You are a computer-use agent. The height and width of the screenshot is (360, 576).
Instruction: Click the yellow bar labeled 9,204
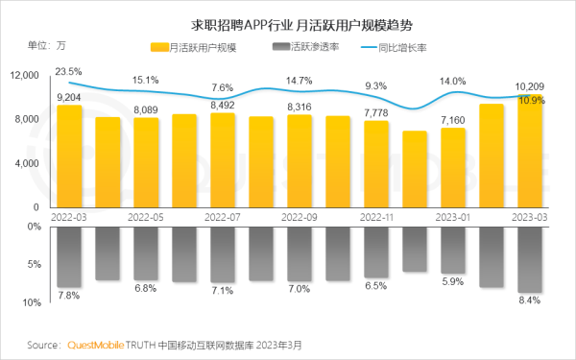pos(69,158)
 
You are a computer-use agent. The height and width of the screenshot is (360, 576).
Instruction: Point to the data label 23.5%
pos(68,71)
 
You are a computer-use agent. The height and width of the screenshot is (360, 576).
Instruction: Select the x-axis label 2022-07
pos(223,217)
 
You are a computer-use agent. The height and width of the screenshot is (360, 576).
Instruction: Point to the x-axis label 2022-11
pos(376,217)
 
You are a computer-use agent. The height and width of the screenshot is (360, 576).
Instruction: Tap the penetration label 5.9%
pos(453,282)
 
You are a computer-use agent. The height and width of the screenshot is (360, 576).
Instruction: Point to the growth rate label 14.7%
pos(300,81)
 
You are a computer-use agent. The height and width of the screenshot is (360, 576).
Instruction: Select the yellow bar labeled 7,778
pos(376,165)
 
